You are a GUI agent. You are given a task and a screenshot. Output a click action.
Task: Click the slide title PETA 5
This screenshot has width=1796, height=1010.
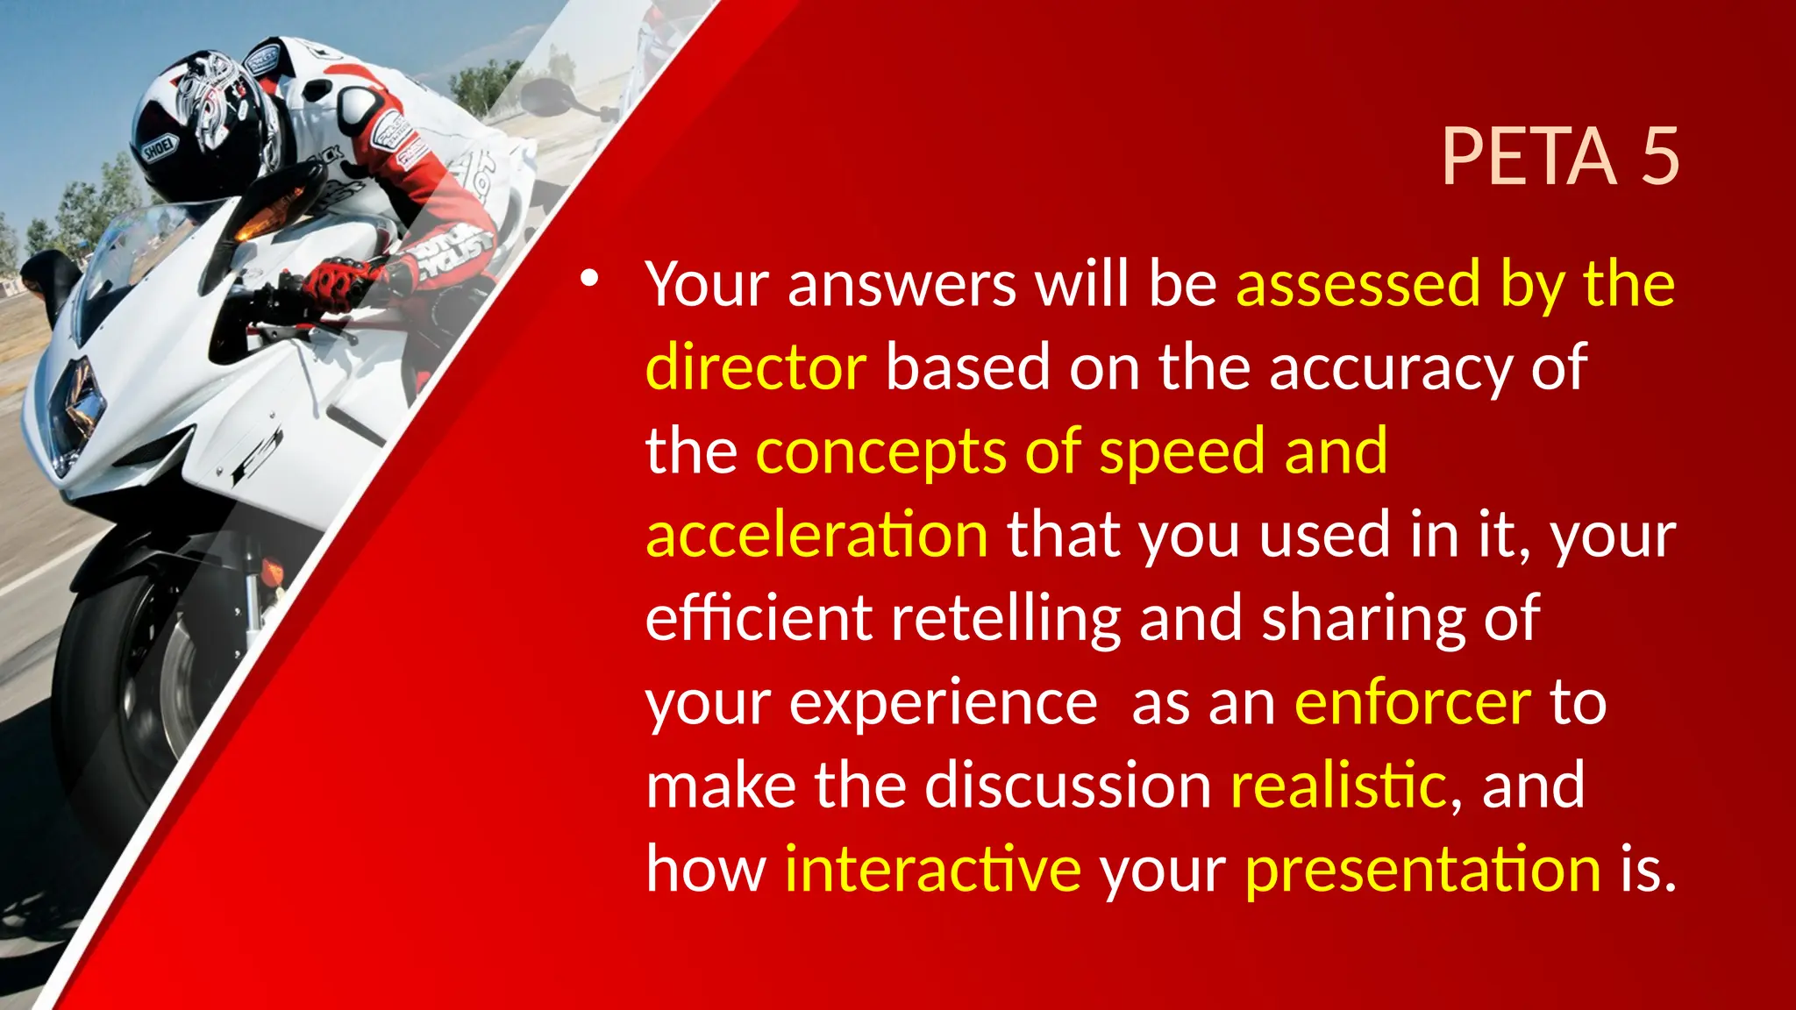(1559, 157)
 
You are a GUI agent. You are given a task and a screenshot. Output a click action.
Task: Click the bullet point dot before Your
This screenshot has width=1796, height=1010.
(588, 280)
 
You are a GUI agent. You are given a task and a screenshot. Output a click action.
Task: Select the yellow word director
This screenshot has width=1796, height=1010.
(756, 367)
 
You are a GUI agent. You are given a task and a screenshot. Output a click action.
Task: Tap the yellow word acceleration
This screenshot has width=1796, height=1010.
(817, 535)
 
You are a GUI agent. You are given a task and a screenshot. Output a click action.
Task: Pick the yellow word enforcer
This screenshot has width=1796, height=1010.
(1413, 702)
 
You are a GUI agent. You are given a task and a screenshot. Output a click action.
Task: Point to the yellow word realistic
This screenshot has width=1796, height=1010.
(1338, 786)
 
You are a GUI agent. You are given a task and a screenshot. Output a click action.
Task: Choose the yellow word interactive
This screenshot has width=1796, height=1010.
(933, 869)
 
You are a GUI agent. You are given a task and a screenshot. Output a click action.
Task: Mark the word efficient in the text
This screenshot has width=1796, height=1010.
(759, 618)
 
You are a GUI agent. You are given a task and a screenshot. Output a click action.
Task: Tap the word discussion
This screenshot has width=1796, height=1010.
(1068, 786)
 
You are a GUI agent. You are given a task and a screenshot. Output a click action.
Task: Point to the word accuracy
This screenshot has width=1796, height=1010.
(1390, 369)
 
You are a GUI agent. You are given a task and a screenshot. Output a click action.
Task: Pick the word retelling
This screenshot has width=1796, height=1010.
(1006, 618)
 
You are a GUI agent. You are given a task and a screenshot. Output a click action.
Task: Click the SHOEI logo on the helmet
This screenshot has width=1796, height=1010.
(160, 149)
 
